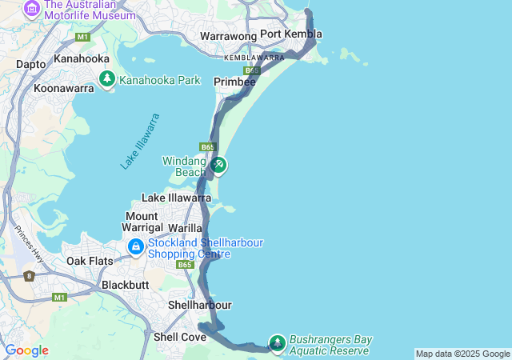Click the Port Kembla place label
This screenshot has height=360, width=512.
point(291,34)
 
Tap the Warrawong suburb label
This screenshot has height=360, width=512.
point(228,36)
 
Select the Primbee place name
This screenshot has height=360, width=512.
point(234,82)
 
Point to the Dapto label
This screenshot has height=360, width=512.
point(30,64)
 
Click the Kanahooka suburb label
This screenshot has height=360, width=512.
point(81,58)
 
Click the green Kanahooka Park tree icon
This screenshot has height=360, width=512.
point(107,79)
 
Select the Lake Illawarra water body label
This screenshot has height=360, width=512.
point(141,142)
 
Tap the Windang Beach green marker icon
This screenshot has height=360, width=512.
point(218,166)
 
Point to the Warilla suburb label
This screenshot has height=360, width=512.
point(185,228)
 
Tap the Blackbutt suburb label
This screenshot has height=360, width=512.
point(126,285)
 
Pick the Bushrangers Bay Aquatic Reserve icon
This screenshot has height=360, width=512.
point(277,342)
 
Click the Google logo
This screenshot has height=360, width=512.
point(26,350)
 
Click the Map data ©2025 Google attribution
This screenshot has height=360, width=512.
point(462,354)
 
